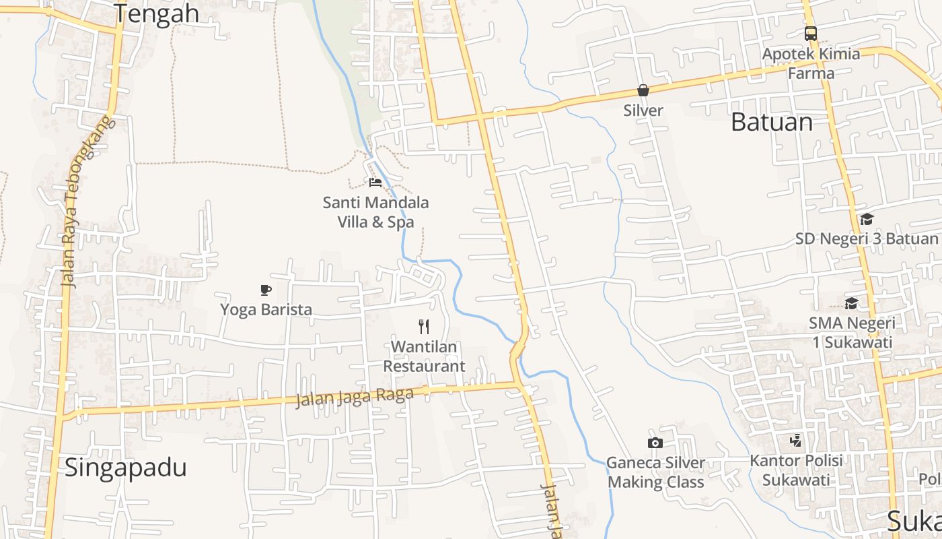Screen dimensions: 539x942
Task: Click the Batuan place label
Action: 772,122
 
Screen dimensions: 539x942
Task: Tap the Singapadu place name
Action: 125,467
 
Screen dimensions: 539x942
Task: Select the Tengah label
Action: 156,13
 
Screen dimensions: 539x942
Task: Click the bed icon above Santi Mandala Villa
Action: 375,182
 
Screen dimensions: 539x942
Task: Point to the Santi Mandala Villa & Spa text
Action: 375,212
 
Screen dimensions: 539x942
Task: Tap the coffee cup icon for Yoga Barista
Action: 266,290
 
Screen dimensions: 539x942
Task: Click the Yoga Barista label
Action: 266,309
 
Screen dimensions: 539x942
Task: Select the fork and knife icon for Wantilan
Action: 424,327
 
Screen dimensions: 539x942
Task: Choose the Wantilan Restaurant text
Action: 424,356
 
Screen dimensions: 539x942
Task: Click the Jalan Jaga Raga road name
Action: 354,396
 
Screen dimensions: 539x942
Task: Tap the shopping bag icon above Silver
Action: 643,90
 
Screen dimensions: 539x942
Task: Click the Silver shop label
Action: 643,110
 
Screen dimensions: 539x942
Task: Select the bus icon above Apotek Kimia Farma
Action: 811,33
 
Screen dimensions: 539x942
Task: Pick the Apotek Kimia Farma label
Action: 811,63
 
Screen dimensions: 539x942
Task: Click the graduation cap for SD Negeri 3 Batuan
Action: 867,219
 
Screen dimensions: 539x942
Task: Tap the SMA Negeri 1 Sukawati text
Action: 852,332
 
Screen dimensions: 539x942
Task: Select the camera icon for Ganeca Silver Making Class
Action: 655,443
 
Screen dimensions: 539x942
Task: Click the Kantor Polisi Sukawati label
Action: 796,470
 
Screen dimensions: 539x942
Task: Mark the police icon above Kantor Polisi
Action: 796,441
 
